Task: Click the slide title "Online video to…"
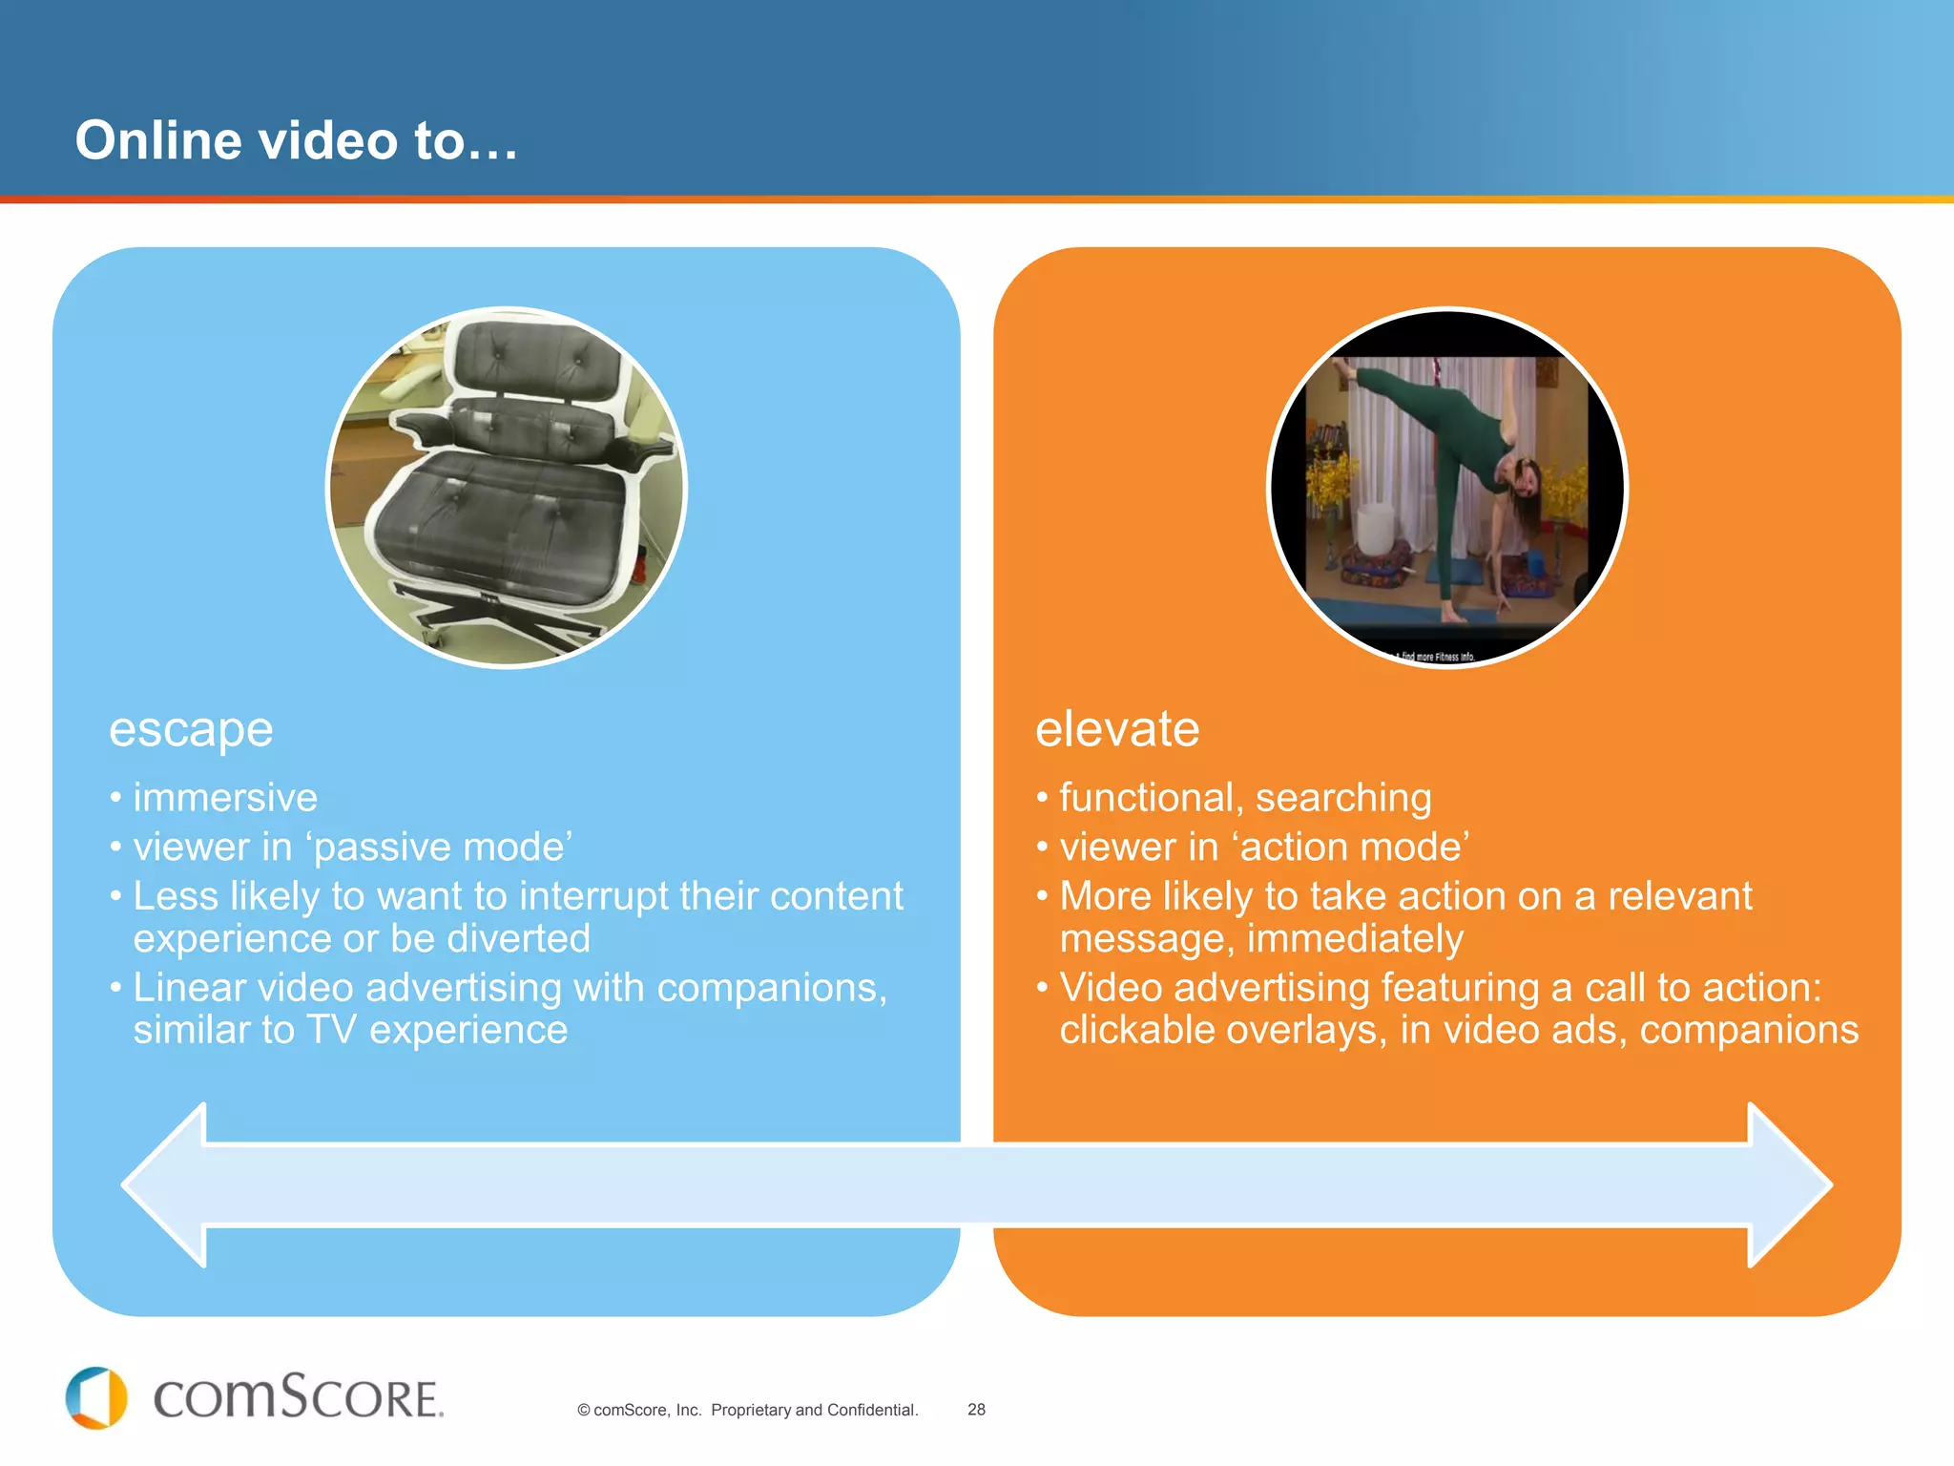coord(297,140)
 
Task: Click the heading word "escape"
coord(191,730)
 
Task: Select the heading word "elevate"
coord(1117,729)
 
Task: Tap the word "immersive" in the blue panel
coord(225,798)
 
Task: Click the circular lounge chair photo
coord(507,487)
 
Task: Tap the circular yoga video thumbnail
coord(1446,487)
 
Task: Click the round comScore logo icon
coord(96,1398)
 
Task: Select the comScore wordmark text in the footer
coord(298,1398)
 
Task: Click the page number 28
coord(976,1410)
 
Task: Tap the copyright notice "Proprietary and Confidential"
coord(814,1410)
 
